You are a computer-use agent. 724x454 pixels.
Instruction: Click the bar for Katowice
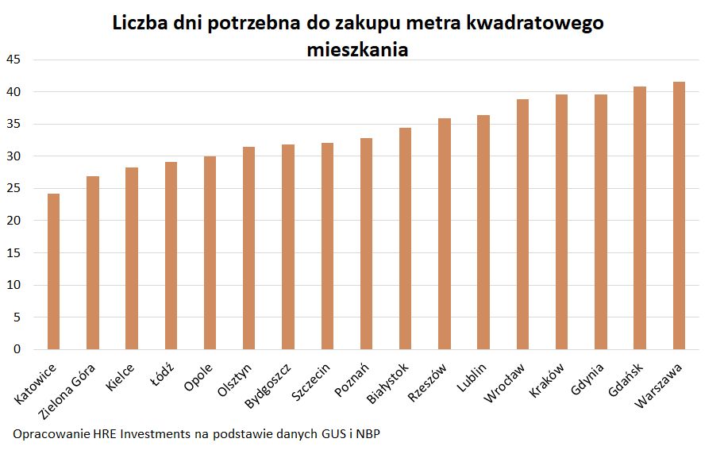click(53, 271)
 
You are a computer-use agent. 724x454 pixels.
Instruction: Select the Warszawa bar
click(679, 216)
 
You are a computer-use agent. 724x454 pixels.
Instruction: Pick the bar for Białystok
click(406, 239)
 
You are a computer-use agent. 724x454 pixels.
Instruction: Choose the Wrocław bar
click(522, 225)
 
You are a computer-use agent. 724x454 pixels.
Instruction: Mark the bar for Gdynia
click(601, 222)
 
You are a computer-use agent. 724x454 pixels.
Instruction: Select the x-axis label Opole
click(198, 378)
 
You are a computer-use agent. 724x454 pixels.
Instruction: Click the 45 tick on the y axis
click(16, 60)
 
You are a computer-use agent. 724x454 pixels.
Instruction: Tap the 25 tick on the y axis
click(16, 188)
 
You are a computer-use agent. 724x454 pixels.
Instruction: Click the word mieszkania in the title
click(357, 49)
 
